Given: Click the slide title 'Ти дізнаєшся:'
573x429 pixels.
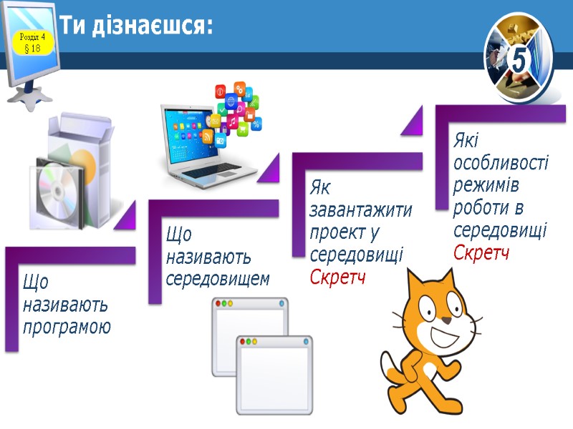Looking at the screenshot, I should click(x=136, y=27).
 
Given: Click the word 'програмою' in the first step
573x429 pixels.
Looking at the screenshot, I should click(x=67, y=328).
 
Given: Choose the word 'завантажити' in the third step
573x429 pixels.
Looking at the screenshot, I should click(x=361, y=211).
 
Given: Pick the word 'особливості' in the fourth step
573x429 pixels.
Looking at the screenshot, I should click(x=501, y=162).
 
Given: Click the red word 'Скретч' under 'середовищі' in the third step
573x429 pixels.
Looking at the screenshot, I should click(x=338, y=277).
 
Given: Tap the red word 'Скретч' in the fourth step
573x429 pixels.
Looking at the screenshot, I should click(x=481, y=252).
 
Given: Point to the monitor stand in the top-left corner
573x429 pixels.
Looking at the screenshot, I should click(x=29, y=97).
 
